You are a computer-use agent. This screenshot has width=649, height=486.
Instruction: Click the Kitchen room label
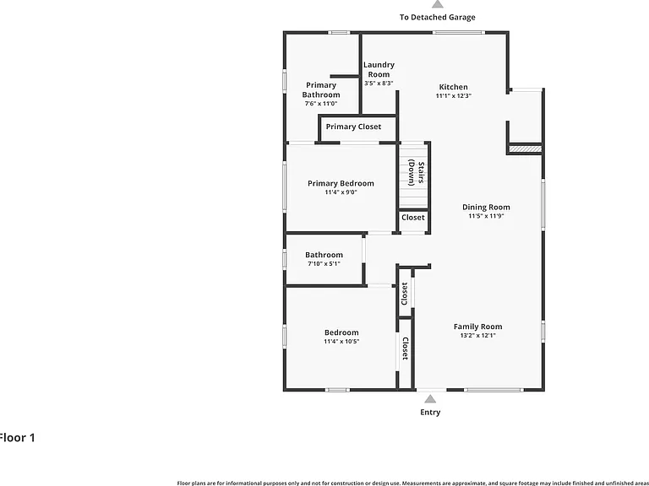coord(453,87)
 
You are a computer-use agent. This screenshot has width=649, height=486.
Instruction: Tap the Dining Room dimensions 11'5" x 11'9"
coord(486,216)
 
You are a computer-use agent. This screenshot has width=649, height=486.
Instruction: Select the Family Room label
coord(477,327)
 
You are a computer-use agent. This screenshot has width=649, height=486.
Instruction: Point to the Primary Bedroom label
coord(341,183)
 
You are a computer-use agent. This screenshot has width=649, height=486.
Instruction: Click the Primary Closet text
coord(353,127)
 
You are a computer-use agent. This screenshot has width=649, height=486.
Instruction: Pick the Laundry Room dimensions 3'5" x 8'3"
coord(379,83)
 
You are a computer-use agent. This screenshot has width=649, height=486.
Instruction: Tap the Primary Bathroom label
coord(321,89)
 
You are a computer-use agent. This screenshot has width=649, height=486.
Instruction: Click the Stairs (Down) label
coord(416,173)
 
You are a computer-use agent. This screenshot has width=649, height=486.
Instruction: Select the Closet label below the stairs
coord(413,218)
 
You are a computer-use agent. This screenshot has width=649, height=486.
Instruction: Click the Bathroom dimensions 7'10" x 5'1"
coord(324,263)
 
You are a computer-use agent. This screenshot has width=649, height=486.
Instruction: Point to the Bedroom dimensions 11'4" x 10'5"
coord(341,342)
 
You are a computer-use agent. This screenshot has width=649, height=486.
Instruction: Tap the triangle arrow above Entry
coord(430,399)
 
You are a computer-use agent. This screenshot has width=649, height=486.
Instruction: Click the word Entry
coord(430,412)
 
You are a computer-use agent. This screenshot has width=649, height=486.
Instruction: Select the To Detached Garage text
coord(438,18)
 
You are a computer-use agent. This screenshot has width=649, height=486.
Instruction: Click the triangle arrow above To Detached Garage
coord(438,3)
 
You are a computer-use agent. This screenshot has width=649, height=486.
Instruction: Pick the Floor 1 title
coord(17,438)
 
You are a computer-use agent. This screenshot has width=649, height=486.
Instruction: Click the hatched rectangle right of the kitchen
coord(525,148)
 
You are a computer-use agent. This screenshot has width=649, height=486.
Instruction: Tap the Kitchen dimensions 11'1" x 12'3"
coord(454,96)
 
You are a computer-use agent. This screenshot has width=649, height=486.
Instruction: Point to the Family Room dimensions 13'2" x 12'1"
coord(478,336)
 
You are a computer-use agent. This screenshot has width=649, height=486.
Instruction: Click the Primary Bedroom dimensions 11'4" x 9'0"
coord(341,192)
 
